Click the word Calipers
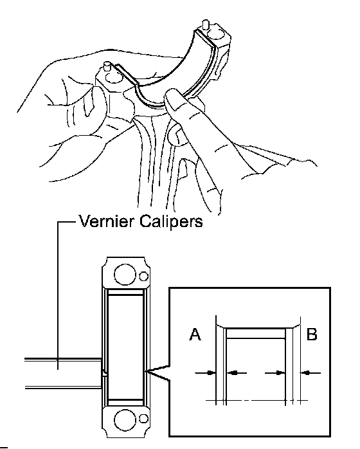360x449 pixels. click(x=172, y=222)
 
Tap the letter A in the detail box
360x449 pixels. click(x=195, y=334)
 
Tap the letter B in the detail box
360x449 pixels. click(x=312, y=334)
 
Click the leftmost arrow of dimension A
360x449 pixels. click(x=205, y=373)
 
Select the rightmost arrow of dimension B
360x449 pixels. click(x=310, y=373)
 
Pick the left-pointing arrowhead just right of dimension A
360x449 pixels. click(x=237, y=373)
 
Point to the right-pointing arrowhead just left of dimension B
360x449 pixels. click(x=275, y=373)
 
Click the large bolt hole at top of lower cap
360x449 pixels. click(x=125, y=274)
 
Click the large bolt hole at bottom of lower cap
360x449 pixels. click(x=125, y=420)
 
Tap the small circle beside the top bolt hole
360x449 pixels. click(x=143, y=277)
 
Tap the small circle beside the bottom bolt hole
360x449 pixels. click(x=143, y=419)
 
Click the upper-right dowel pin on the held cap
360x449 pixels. click(x=205, y=24)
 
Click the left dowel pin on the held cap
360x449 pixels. click(x=107, y=66)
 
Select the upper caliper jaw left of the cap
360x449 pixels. click(x=63, y=360)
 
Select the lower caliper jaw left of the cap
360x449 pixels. click(x=64, y=387)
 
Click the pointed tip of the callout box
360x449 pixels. click(x=145, y=371)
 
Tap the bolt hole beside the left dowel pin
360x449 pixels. click(x=114, y=77)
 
